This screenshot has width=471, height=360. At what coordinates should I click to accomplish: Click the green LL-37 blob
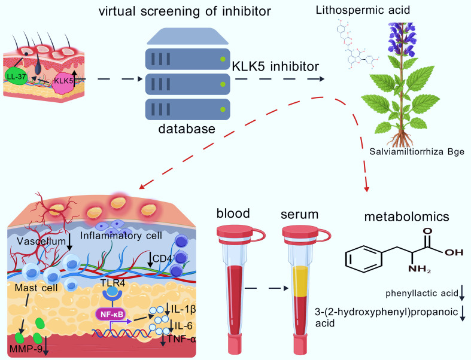tap(16, 77)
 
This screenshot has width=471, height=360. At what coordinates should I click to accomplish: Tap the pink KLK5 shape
tap(63, 83)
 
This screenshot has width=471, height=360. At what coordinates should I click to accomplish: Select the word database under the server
tap(187, 129)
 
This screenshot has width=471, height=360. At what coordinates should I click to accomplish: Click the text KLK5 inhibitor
tap(275, 66)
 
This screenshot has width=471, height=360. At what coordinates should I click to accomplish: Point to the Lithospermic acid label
tap(363, 10)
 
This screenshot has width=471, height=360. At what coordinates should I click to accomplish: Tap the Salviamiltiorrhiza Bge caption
tap(417, 151)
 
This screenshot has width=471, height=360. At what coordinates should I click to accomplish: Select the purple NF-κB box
tap(111, 315)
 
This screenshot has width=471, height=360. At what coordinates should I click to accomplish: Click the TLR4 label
tap(113, 283)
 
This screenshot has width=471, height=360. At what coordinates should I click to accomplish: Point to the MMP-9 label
tap(26, 349)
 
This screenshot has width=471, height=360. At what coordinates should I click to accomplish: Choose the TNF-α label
tap(182, 339)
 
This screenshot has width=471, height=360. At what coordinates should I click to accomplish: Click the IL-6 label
tap(182, 325)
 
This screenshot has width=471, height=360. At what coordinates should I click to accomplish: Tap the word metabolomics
tap(407, 216)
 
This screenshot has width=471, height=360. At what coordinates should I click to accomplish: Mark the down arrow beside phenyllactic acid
tap(462, 293)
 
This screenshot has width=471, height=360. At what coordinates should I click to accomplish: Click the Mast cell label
tap(37, 288)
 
